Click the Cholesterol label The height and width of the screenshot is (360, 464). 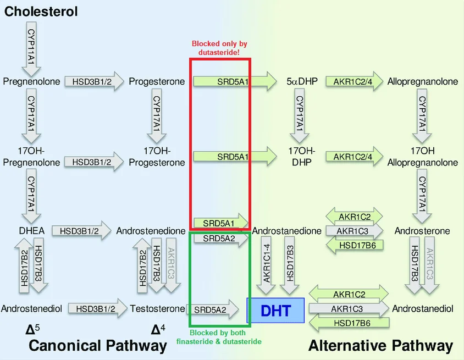click(41, 11)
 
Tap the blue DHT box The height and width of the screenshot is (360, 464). click(275, 310)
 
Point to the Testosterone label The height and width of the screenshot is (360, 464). click(157, 309)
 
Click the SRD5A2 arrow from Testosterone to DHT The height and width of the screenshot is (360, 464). click(214, 309)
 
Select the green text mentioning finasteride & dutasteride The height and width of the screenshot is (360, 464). click(219, 337)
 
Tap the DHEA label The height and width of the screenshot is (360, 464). click(31, 231)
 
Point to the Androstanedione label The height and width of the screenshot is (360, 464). click(286, 231)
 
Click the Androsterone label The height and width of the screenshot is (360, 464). click(422, 231)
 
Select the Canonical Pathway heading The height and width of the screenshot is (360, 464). click(97, 345)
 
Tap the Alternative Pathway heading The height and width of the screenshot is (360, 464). click(380, 345)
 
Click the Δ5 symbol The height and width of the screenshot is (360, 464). click(33, 329)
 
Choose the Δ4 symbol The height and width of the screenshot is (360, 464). click(158, 329)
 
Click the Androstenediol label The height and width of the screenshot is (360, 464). click(31, 309)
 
